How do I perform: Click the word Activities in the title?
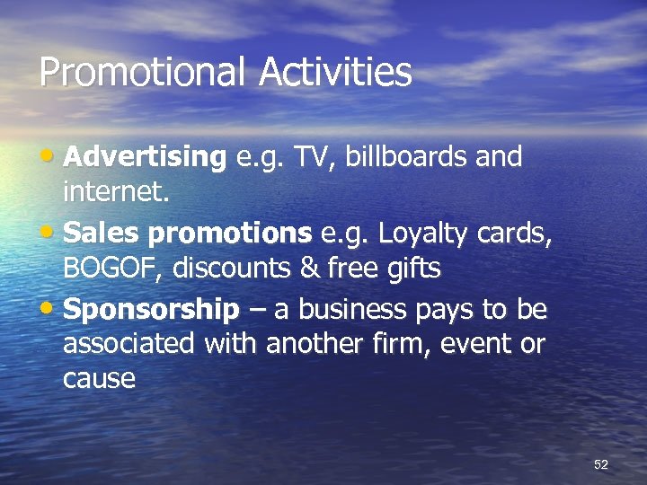[x=335, y=72]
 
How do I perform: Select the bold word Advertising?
[x=145, y=158]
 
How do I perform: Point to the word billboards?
[x=395, y=157]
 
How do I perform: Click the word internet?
[x=116, y=191]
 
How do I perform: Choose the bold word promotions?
[x=228, y=234]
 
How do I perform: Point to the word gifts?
[x=412, y=268]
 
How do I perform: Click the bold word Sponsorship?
[x=152, y=311]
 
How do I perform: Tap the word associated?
[x=129, y=344]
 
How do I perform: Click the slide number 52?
[x=601, y=464]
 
